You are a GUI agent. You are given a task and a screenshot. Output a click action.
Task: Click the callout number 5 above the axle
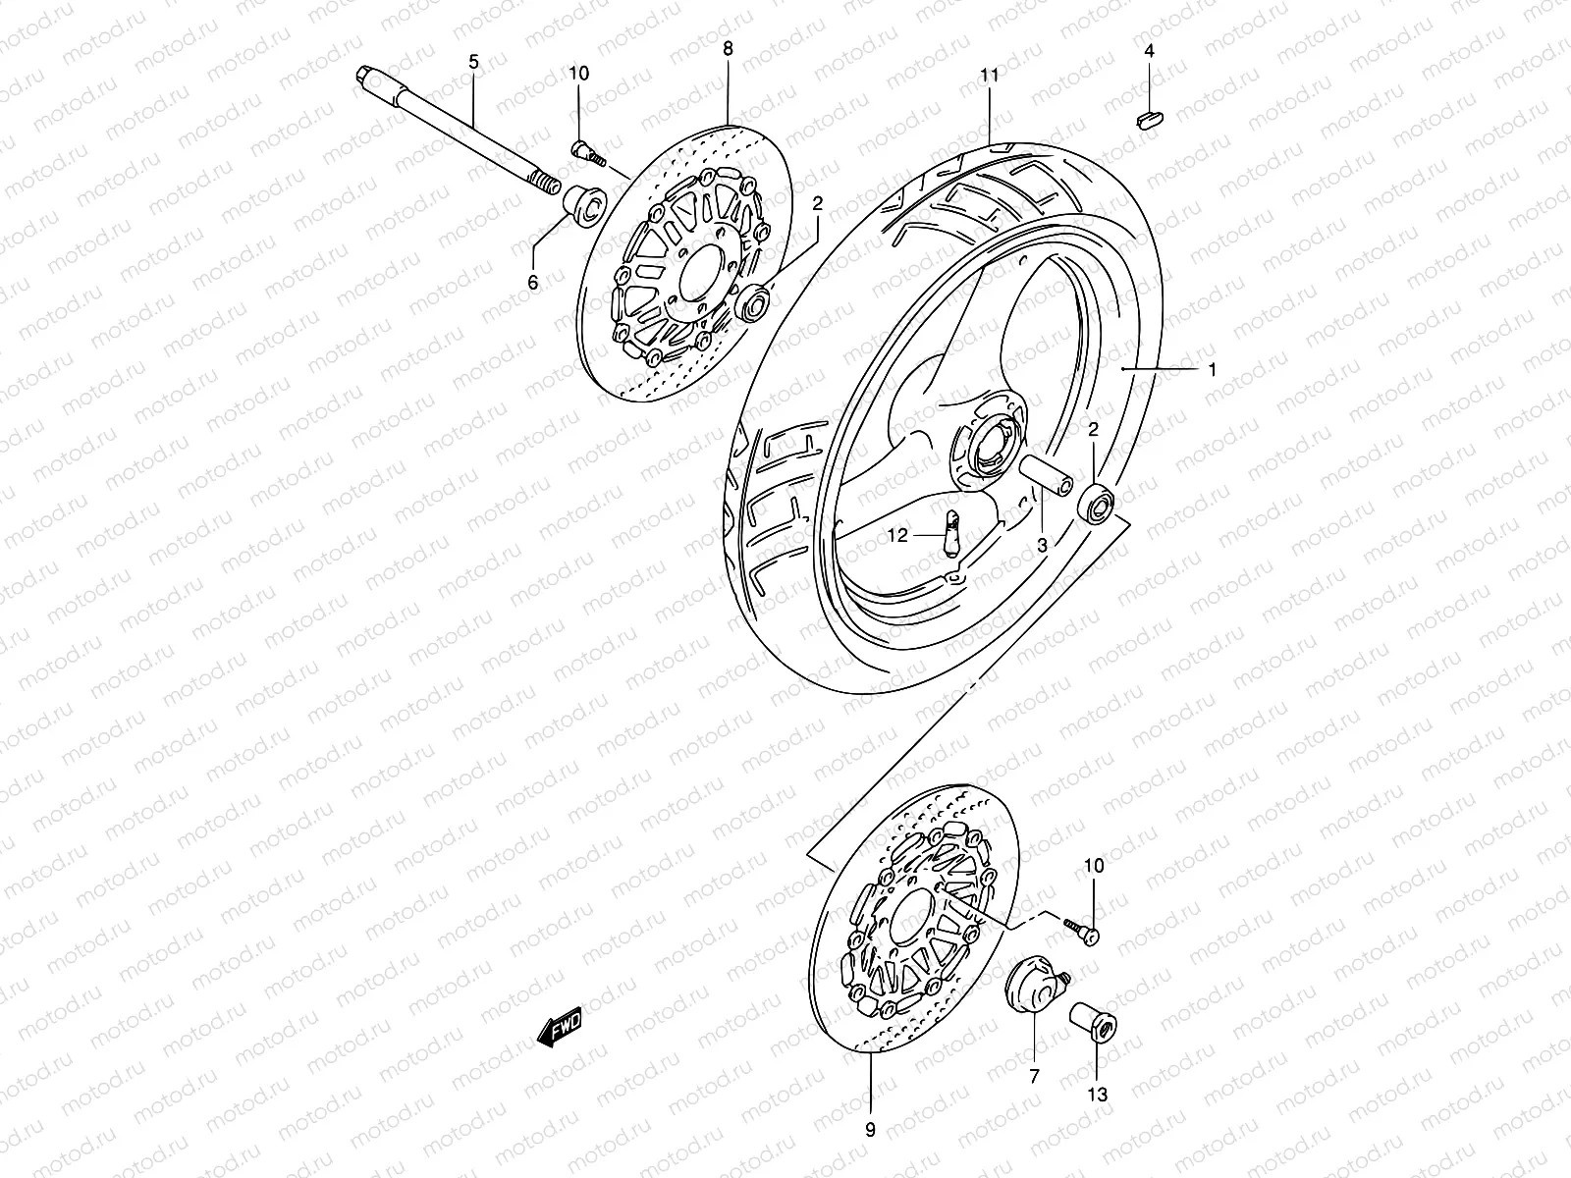pos(473,62)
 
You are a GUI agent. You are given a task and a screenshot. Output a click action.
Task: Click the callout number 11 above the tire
pos(988,74)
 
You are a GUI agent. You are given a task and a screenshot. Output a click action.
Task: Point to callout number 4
pos(1149,49)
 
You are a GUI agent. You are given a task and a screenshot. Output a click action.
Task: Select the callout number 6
pos(533,283)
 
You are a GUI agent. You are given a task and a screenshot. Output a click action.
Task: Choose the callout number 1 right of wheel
pos(1212,369)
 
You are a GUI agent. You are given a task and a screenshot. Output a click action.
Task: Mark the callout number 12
pos(898,535)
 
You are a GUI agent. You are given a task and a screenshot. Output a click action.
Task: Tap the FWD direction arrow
pos(561,1028)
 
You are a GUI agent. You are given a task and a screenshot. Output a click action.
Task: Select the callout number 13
pos(1098,1094)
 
